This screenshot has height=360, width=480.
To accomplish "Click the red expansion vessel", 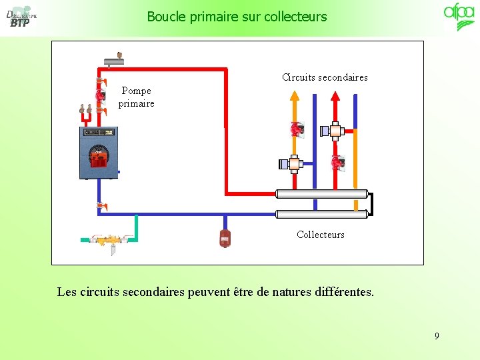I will click(x=225, y=237).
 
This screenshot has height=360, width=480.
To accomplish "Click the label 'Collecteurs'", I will click(x=321, y=235).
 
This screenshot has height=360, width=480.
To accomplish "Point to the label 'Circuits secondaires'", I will click(x=325, y=77).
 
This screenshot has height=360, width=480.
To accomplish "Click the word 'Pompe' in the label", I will click(x=137, y=91).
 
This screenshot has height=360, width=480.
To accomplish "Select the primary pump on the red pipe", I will click(x=101, y=95).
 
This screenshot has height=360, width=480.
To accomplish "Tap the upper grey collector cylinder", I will click(x=322, y=194).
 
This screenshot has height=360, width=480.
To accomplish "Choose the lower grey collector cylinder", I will click(x=322, y=214).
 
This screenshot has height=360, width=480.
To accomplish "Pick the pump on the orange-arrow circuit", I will click(x=296, y=129).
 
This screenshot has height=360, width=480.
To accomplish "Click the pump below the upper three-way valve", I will click(x=338, y=163).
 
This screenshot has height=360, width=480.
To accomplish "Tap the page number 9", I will click(x=437, y=336).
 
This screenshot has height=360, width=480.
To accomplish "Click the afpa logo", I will click(x=459, y=17).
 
